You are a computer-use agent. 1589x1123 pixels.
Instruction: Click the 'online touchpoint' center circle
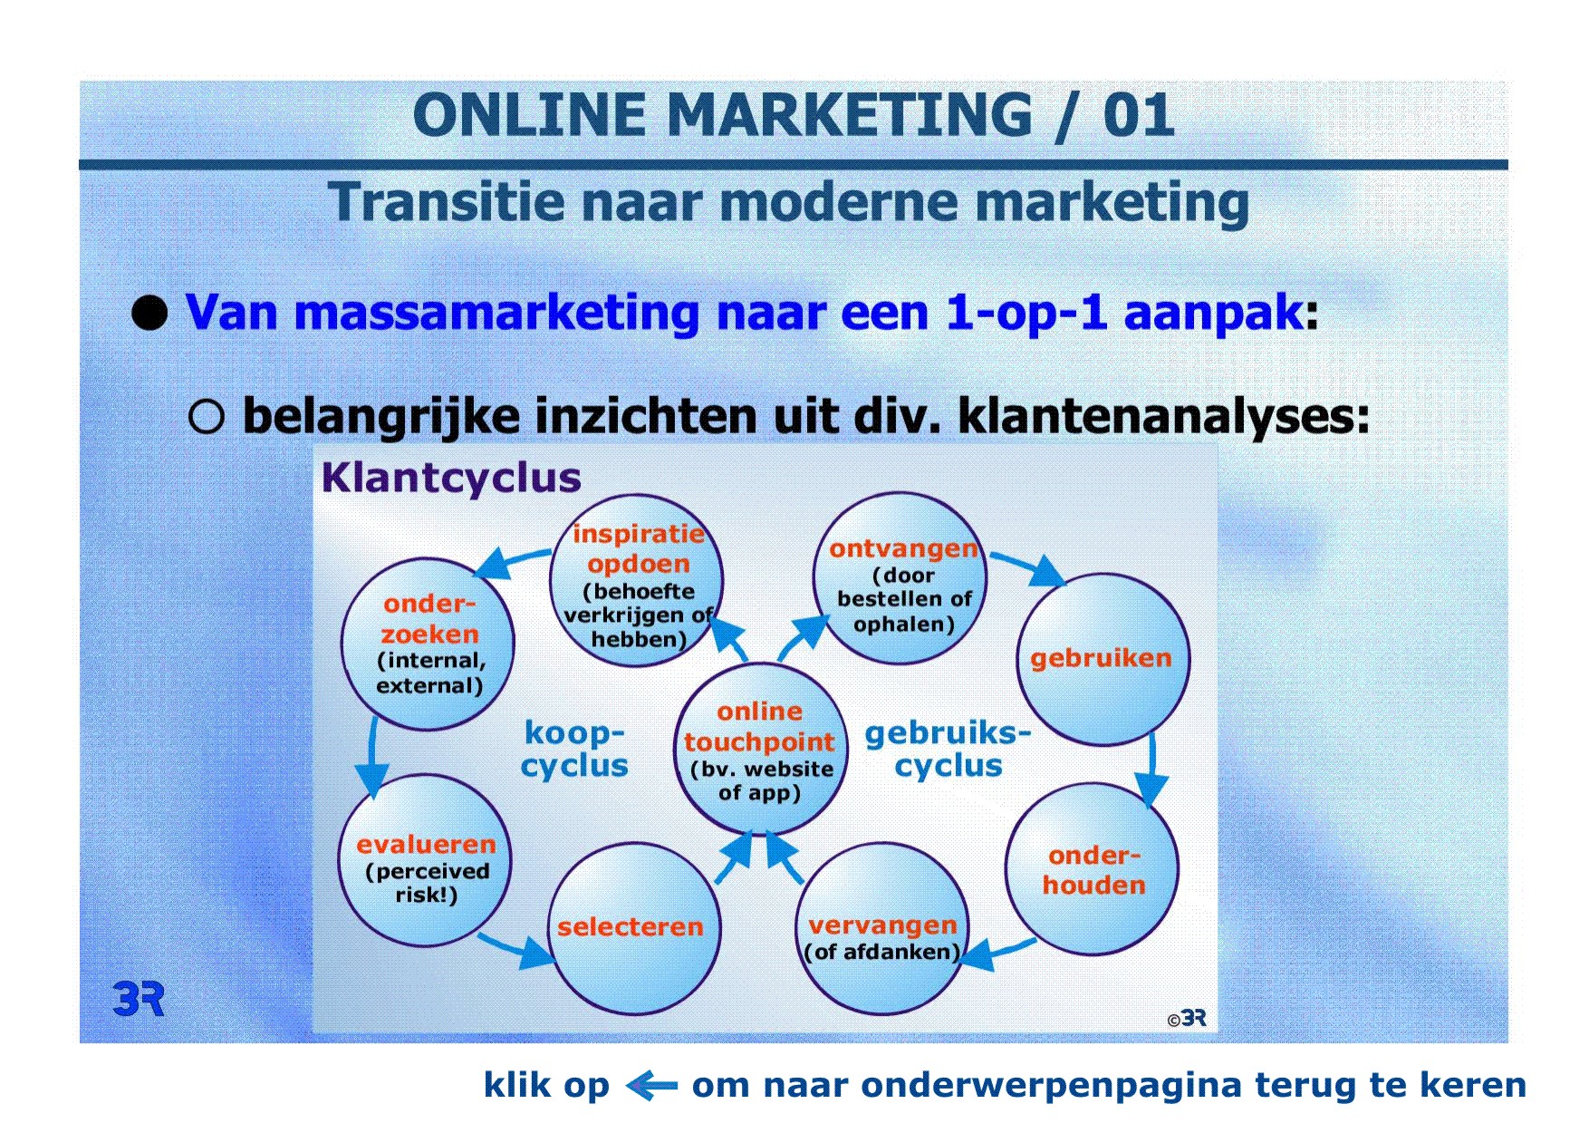pos(760,749)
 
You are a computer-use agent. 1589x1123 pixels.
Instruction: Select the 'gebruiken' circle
pos(1103,659)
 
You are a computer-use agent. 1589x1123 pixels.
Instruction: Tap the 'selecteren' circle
pos(634,928)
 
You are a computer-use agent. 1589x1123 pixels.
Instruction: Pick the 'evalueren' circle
pos(425,860)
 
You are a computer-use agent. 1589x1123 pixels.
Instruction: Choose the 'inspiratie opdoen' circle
pos(636,580)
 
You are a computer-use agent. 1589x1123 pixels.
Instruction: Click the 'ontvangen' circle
pos(900,578)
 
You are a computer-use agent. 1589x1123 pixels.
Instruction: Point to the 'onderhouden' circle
pos(1092,868)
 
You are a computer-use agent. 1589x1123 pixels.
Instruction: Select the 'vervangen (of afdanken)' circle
pos(884,927)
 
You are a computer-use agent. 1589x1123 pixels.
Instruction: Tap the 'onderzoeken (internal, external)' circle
pos(428,644)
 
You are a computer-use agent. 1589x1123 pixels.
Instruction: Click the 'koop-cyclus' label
pos(574,749)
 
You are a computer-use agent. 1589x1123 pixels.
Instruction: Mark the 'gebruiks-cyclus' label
pos(949,749)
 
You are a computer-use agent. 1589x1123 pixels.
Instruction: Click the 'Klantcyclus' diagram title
pos(451,478)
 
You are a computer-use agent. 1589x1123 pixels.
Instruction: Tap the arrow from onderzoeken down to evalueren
pos(371,758)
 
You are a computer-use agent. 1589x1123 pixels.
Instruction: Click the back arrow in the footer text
pos(651,1084)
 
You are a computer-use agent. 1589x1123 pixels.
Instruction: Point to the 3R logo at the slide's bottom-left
pos(139,998)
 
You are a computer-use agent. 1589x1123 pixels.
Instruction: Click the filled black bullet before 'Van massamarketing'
pos(150,313)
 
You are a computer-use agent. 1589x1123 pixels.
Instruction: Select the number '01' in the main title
pos(1139,116)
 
